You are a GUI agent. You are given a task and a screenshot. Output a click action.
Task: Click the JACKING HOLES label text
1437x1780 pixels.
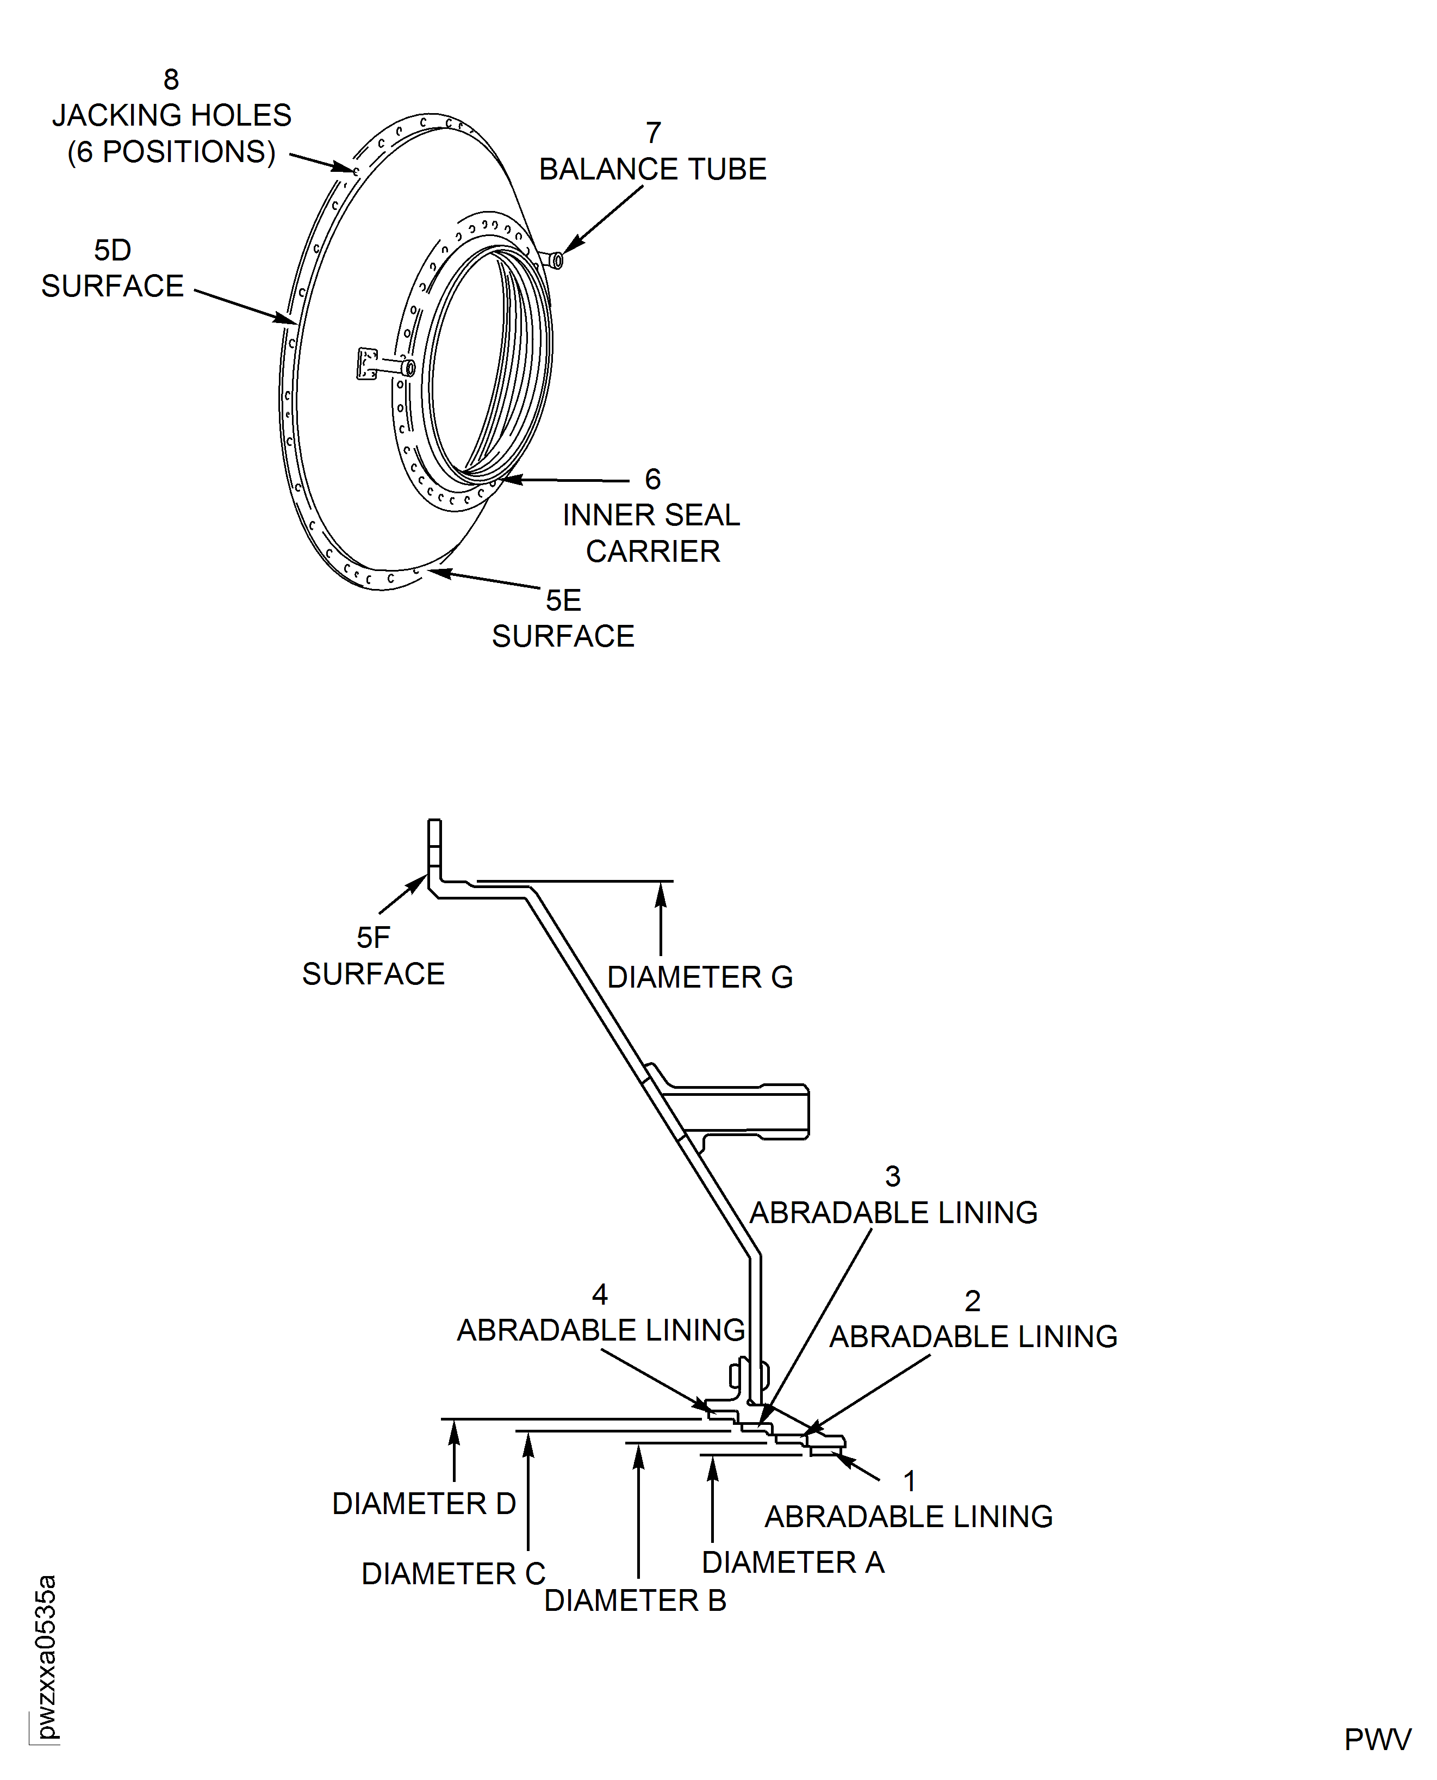tap(171, 115)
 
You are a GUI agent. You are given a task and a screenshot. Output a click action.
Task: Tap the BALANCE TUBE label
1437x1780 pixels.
tap(652, 169)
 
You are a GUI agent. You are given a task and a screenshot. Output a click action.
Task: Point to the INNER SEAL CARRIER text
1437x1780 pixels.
tap(651, 532)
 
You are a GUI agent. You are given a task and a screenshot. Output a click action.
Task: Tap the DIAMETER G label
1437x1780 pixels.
tap(699, 977)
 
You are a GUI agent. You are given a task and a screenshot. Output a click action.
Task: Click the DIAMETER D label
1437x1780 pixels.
tap(424, 1504)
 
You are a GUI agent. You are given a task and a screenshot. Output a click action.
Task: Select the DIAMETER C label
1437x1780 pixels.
tap(453, 1573)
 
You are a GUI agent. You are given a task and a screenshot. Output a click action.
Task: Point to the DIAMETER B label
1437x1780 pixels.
tap(635, 1601)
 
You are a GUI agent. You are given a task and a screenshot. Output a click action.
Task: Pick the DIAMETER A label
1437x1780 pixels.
tap(793, 1562)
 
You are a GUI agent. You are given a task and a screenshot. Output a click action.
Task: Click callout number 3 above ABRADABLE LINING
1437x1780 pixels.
tap(892, 1176)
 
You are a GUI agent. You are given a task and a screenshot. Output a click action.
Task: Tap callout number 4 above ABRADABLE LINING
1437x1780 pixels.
tap(600, 1294)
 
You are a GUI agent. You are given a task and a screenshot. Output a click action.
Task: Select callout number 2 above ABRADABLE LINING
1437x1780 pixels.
tap(973, 1301)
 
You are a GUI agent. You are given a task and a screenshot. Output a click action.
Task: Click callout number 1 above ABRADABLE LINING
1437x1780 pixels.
tap(910, 1481)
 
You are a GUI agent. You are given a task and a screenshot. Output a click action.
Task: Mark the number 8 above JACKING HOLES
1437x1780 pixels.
tap(171, 79)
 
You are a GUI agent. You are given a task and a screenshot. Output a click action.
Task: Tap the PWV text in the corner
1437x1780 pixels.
tap(1377, 1739)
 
